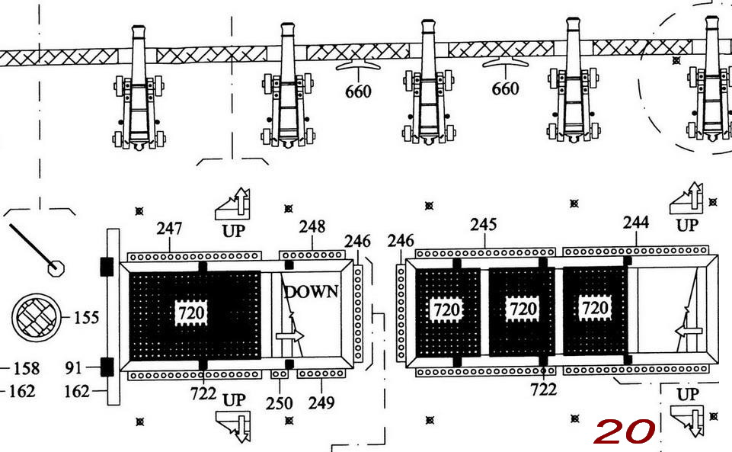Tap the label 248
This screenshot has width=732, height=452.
tap(312, 226)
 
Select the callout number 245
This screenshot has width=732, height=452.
tap(483, 225)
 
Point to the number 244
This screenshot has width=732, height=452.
tap(635, 223)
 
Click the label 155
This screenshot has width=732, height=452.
tap(86, 318)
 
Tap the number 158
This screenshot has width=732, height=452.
tap(26, 369)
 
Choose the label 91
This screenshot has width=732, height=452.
tap(73, 369)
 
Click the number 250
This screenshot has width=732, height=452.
tap(279, 402)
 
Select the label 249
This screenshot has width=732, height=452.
tap(321, 402)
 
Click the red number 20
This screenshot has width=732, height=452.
tap(624, 431)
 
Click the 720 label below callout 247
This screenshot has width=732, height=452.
tap(191, 313)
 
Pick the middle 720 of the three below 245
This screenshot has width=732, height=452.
tap(523, 309)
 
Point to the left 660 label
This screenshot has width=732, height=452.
tap(358, 91)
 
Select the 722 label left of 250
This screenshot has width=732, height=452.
tap(203, 394)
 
